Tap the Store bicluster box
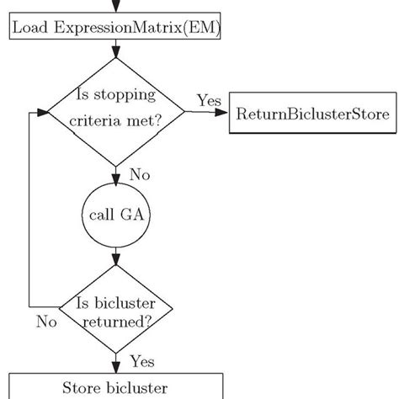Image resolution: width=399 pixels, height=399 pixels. tap(115, 388)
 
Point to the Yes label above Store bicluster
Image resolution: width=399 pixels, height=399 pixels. tap(141, 362)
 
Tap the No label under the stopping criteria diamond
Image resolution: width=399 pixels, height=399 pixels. tap(139, 175)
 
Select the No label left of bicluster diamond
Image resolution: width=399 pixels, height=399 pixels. tap(48, 321)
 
